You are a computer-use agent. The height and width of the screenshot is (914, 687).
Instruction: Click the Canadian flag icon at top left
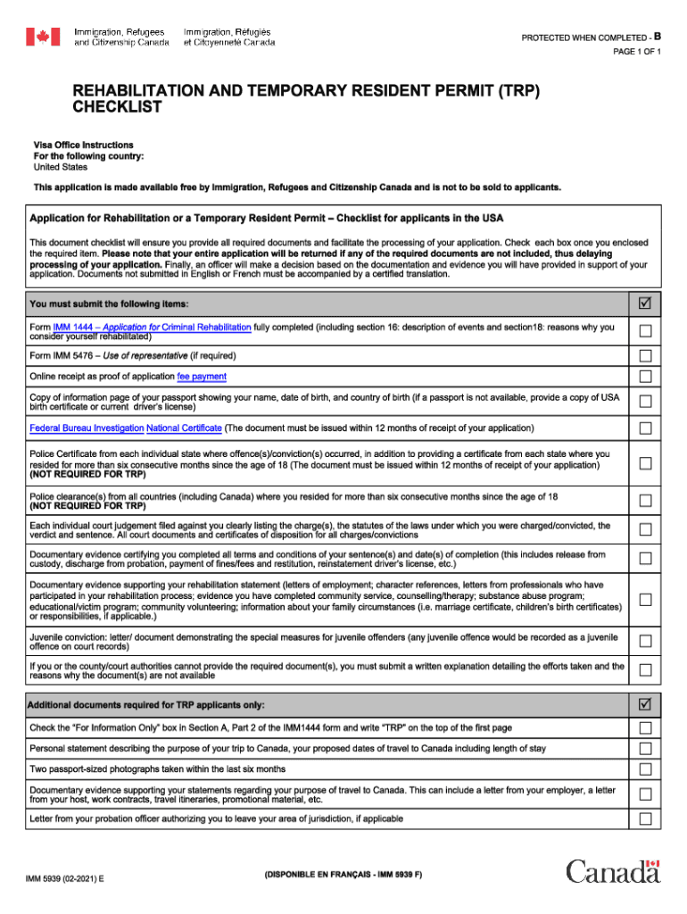click(43, 37)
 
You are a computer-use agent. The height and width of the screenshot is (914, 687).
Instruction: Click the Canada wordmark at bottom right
click(613, 871)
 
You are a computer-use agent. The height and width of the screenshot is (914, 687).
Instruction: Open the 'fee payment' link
click(202, 377)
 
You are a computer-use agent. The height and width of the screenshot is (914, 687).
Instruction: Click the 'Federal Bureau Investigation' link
click(87, 428)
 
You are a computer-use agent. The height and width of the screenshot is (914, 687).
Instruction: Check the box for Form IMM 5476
click(645, 356)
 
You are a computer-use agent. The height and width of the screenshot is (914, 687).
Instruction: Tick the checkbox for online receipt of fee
click(645, 378)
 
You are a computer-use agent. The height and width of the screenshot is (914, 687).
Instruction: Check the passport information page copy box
click(645, 401)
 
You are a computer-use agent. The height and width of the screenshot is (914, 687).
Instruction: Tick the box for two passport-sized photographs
click(645, 769)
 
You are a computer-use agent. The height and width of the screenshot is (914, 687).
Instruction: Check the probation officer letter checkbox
click(645, 818)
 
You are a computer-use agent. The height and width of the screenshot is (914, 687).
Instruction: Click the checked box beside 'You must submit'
click(645, 305)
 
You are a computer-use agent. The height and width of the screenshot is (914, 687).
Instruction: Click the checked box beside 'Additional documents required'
click(645, 705)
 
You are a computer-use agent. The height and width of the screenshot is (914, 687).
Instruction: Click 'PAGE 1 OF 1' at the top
click(636, 53)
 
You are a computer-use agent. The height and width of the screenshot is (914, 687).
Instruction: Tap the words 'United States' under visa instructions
click(61, 167)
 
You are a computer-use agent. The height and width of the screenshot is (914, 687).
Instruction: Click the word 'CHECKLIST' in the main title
click(117, 108)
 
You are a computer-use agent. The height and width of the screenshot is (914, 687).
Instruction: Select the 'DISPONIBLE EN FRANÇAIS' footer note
click(343, 875)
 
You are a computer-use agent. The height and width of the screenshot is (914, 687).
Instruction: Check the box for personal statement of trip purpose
click(645, 748)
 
